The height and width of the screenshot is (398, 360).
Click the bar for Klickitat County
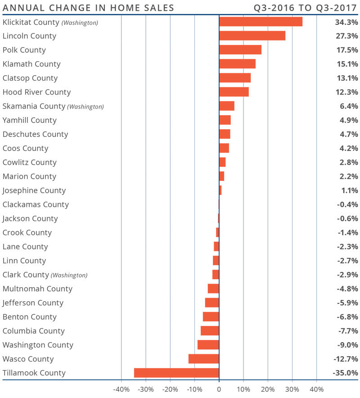(x=261, y=22)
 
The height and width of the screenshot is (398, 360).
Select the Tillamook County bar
(x=176, y=373)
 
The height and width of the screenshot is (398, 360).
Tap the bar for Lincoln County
(x=252, y=36)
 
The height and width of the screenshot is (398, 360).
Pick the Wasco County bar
(x=204, y=359)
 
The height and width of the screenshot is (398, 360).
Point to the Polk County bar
(x=240, y=50)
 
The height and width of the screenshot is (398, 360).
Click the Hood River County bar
(x=234, y=92)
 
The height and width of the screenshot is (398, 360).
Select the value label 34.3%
(x=346, y=22)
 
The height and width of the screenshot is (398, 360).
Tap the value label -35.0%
(x=345, y=373)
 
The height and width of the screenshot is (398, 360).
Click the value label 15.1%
(x=346, y=64)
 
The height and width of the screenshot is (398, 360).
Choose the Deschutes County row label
(x=35, y=134)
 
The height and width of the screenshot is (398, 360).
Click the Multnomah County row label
(x=37, y=289)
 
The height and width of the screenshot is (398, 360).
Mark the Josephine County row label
(x=34, y=190)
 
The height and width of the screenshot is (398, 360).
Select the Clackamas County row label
(x=36, y=204)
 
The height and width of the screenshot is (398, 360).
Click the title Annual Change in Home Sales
(x=89, y=8)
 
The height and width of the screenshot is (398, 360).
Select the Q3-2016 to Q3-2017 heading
(x=306, y=8)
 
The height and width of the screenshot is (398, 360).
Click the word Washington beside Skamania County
(x=85, y=107)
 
